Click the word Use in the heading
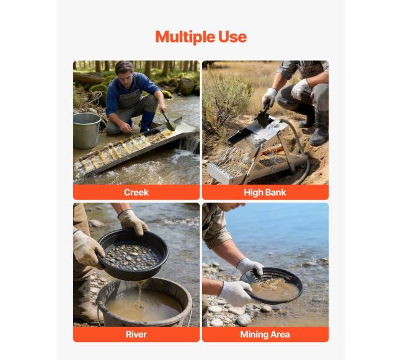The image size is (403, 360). click(x=232, y=37)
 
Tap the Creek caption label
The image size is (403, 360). click(x=136, y=192)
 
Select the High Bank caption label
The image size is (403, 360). click(x=265, y=192)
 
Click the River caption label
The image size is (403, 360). click(x=136, y=335)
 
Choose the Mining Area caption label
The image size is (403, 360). click(x=265, y=335)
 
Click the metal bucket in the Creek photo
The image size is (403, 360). click(x=87, y=131)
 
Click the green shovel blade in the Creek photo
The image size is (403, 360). click(x=170, y=125)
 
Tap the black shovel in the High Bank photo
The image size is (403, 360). click(x=263, y=115)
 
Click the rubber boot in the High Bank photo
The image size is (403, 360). click(x=319, y=128)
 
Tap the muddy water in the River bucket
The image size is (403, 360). click(x=143, y=305)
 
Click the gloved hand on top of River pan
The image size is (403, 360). click(x=133, y=222)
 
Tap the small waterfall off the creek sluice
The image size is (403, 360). click(x=190, y=144)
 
